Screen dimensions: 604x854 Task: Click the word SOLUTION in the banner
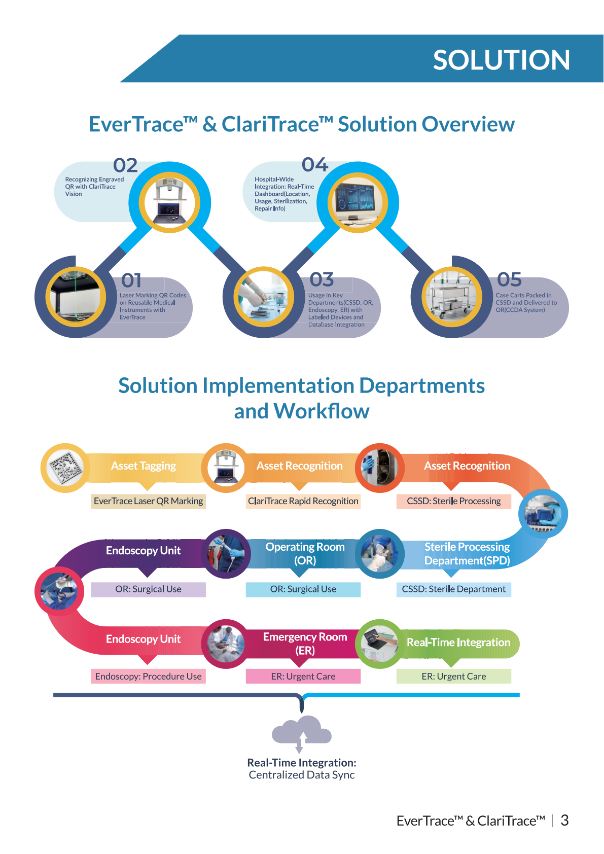tap(501, 60)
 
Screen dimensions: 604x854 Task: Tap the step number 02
tap(125, 165)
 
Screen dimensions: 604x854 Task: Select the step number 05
tap(509, 279)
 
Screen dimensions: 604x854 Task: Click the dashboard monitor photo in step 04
tap(358, 202)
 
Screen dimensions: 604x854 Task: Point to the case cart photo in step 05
tap(451, 296)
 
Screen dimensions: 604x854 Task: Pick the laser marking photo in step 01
tap(76, 296)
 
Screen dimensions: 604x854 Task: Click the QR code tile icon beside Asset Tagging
tap(65, 468)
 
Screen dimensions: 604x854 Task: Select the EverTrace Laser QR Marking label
tap(148, 501)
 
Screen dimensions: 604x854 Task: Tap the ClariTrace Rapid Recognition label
tap(303, 501)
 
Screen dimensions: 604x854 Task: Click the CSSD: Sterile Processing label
tap(454, 501)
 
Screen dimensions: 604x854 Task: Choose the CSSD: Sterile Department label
tap(454, 589)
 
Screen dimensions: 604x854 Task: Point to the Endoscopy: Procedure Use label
tap(148, 677)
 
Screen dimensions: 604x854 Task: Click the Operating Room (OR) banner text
tap(305, 554)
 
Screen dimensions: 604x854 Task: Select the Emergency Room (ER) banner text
tap(305, 644)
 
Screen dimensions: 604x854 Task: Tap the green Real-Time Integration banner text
tap(458, 643)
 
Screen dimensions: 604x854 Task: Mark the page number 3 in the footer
tap(564, 820)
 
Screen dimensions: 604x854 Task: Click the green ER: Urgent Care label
tap(454, 677)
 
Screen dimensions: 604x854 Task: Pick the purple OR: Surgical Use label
tap(148, 589)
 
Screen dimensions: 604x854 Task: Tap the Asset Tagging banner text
tap(144, 466)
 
